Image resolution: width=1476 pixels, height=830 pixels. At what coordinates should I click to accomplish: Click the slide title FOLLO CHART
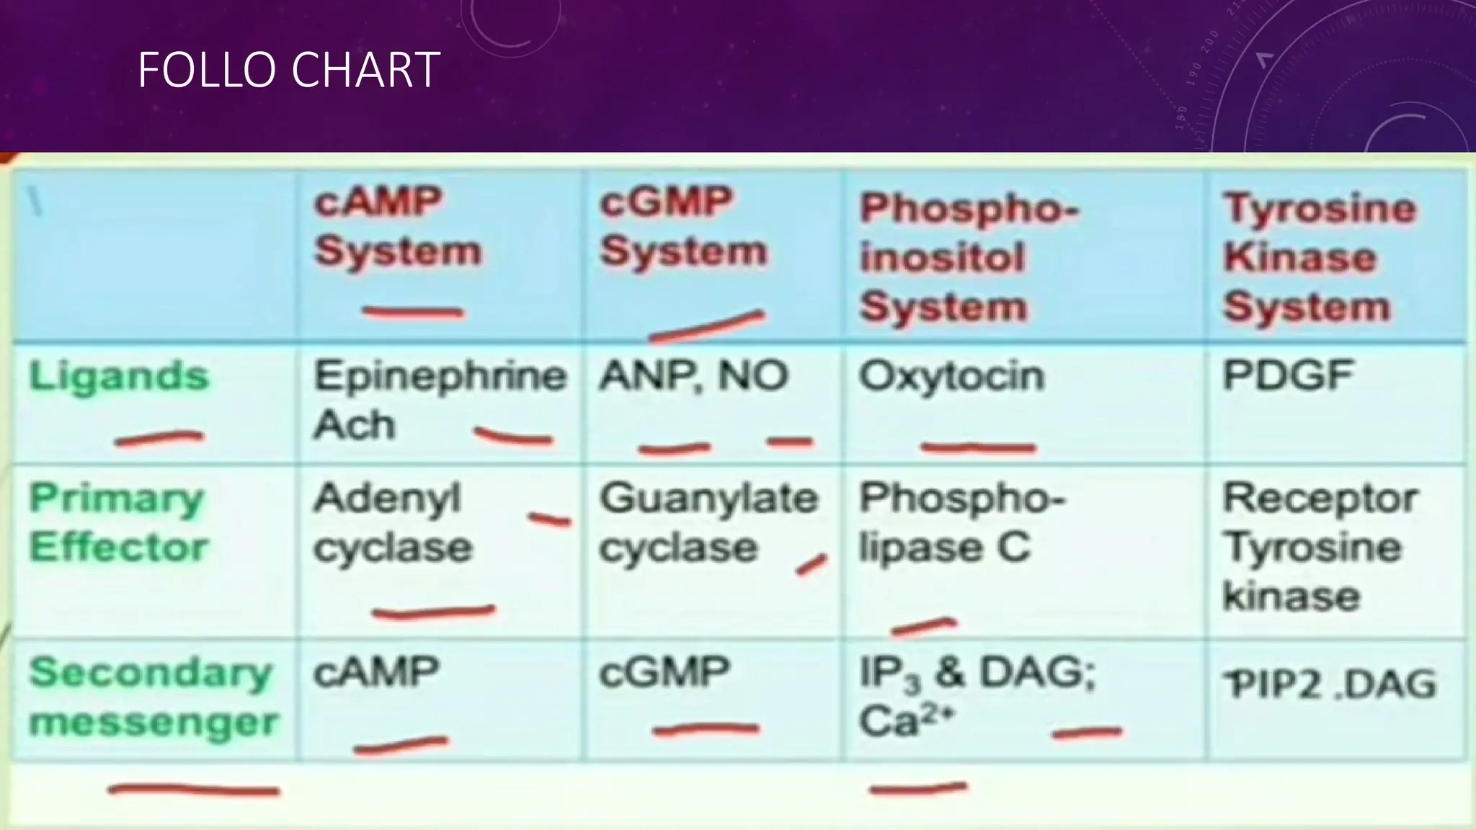coord(288,70)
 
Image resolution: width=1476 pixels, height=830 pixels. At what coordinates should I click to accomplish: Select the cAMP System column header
coord(398,226)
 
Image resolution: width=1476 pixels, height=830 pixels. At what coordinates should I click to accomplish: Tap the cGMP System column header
coord(683,226)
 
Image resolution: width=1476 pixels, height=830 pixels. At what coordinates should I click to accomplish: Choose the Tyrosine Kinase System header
coord(1319,258)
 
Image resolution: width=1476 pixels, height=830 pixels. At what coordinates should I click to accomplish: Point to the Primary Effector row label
coord(118,522)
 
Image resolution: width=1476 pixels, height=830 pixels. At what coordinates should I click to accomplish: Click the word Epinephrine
coord(440,377)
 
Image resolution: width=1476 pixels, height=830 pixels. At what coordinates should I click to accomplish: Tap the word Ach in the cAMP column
coord(354,425)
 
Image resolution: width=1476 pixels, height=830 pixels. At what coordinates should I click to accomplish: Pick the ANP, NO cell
coord(693,377)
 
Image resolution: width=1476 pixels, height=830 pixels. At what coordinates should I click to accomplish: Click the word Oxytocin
coord(951,377)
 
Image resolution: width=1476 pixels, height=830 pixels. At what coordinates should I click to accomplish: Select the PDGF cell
coord(1289,375)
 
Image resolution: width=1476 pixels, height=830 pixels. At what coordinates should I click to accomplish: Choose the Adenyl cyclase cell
coord(393,522)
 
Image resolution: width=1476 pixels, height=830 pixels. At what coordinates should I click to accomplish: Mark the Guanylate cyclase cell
coord(708,522)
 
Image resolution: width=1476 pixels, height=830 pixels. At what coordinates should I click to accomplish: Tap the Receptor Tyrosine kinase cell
coord(1319,548)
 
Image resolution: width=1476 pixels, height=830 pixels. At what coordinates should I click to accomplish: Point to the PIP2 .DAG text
coord(1332,684)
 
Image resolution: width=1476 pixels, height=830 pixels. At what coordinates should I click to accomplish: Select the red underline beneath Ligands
coord(159,437)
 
